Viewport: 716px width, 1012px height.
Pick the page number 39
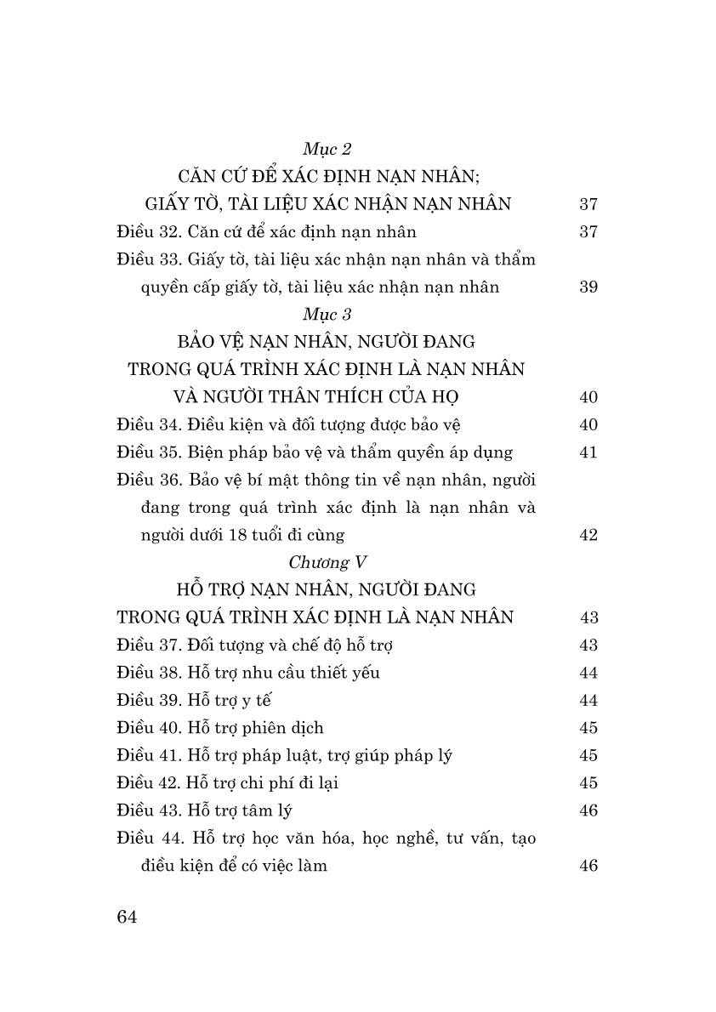point(588,287)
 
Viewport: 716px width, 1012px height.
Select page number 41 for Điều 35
point(588,452)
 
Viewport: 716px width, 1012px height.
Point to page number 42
point(588,535)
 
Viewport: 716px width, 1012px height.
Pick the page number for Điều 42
point(588,783)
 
